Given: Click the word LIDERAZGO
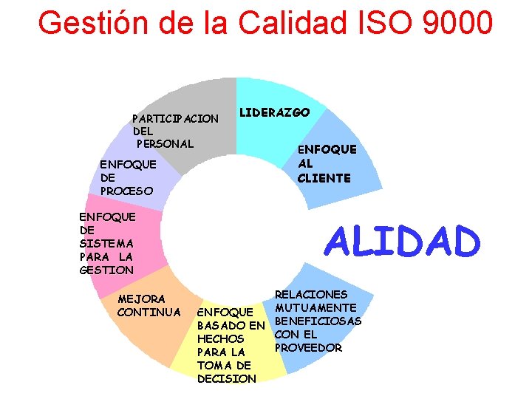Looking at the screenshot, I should [x=273, y=112].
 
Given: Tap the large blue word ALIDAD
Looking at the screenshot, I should [x=402, y=242].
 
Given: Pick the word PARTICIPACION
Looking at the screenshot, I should [x=175, y=118].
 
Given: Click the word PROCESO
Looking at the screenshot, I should [x=126, y=191].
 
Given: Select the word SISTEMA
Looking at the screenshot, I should [x=106, y=243].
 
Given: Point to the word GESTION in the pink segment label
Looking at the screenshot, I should [x=106, y=270].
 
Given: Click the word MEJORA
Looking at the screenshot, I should [x=141, y=299].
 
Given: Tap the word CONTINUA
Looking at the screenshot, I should [x=149, y=312].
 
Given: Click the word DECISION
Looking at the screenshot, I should [x=227, y=378].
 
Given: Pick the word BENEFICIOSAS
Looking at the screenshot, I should [x=318, y=321].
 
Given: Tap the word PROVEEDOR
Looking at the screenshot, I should [x=308, y=347].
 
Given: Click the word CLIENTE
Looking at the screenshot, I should [x=324, y=178].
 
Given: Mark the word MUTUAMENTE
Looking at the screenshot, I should [x=316, y=307].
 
